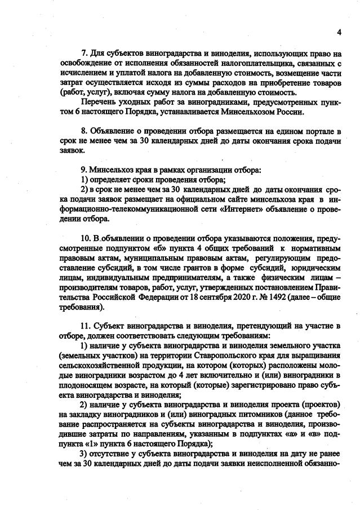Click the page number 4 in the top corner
click(339, 32)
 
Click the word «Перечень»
click(100, 101)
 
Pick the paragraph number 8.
click(85, 131)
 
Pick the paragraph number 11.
click(87, 325)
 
